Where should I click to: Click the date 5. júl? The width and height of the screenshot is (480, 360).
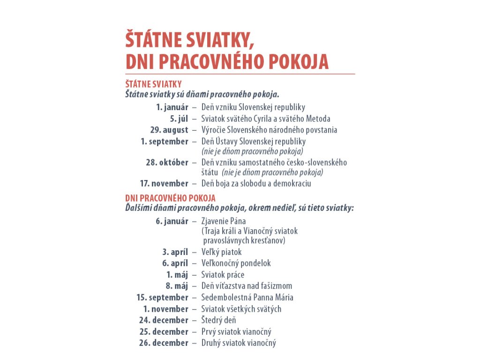[179, 119]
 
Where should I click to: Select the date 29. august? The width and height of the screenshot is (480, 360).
[169, 130]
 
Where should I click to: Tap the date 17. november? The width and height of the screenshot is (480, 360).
[164, 183]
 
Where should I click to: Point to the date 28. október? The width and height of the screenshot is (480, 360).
[167, 162]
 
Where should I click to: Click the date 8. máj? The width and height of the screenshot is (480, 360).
[177, 286]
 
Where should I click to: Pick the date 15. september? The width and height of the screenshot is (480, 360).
[162, 297]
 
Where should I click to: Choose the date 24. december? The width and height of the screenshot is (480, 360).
[164, 320]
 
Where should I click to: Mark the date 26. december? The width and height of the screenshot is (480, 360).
[164, 343]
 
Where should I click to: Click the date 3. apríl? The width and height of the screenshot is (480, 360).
[175, 252]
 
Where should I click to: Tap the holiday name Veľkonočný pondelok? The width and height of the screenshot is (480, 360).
[236, 263]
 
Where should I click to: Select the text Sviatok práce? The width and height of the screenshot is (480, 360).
[223, 275]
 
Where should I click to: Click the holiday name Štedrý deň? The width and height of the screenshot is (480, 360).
[218, 320]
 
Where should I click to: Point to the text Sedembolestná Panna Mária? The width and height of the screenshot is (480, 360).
[247, 297]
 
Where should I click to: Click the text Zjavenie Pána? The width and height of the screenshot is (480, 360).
[224, 221]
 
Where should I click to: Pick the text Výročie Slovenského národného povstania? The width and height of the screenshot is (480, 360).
[269, 130]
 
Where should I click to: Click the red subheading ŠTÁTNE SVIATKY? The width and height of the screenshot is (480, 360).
[153, 84]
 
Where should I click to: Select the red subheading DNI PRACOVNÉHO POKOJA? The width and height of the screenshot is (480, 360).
[170, 198]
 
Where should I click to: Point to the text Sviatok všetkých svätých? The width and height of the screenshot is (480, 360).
[241, 309]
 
